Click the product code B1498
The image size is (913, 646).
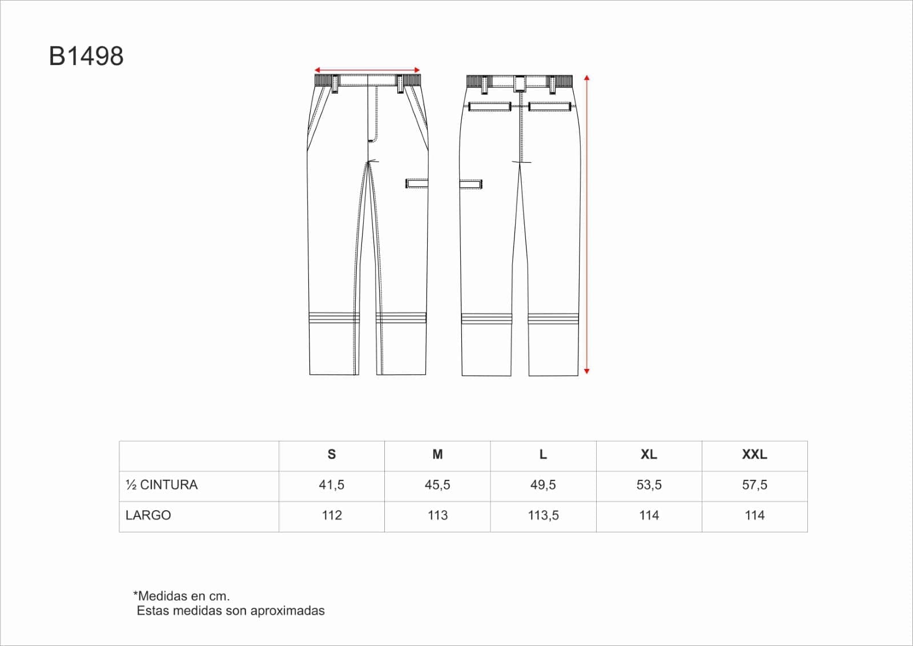click(x=86, y=56)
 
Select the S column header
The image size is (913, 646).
click(x=331, y=454)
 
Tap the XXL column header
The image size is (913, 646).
click(x=754, y=454)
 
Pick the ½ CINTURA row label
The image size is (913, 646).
click(x=162, y=485)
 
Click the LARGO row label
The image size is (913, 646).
click(x=148, y=516)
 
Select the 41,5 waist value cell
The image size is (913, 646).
click(x=331, y=485)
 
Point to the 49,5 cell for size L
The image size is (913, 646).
click(x=543, y=485)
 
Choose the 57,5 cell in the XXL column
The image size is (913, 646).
click(x=754, y=485)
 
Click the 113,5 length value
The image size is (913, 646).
click(x=543, y=516)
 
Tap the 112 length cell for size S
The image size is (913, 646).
click(x=331, y=516)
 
